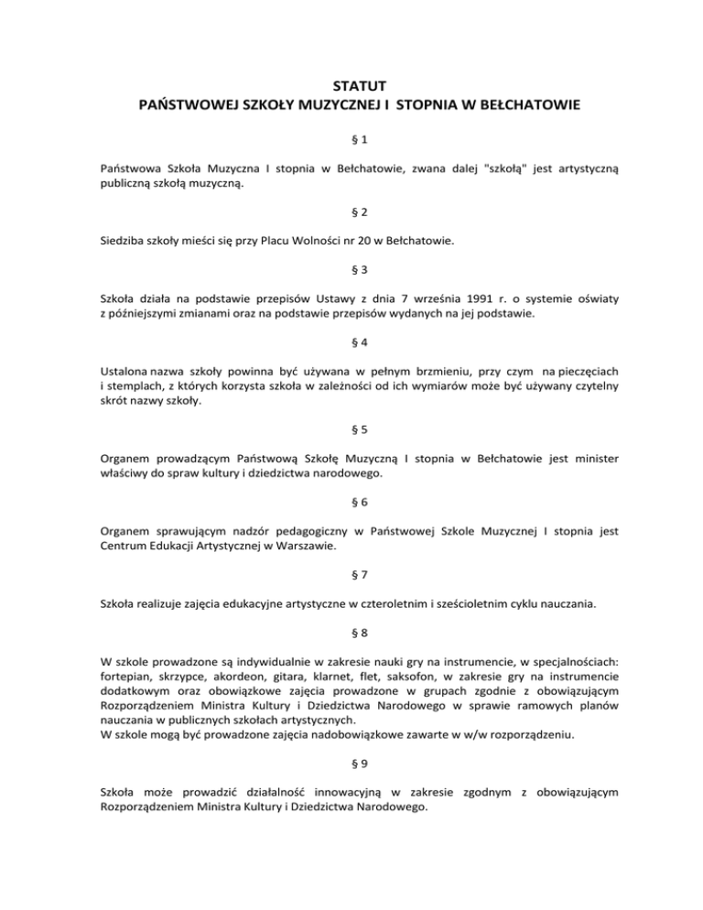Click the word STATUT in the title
(x=351, y=88)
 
